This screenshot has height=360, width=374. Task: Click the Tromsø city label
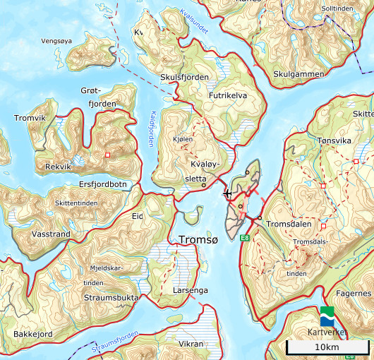[199, 240]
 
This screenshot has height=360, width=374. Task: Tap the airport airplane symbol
[227, 193]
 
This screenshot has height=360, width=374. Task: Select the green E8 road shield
[246, 238]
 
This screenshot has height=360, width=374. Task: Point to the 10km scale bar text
[327, 347]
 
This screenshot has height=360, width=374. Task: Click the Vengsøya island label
[57, 41]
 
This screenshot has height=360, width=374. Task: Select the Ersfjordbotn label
[103, 185]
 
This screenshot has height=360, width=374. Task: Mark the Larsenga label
[191, 290]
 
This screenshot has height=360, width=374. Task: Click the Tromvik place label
[30, 118]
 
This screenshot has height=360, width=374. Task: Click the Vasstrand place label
[51, 233]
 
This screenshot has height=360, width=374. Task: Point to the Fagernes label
[354, 293]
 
